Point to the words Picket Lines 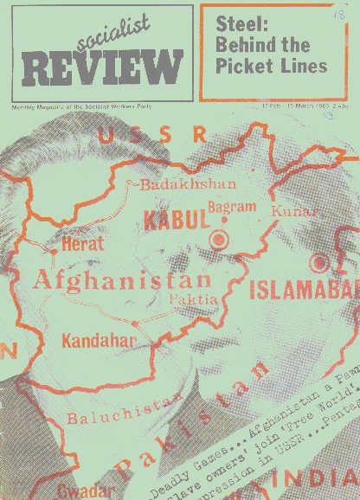pos(273,65)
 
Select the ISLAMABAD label pos(303,291)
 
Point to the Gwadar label pos(84,489)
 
